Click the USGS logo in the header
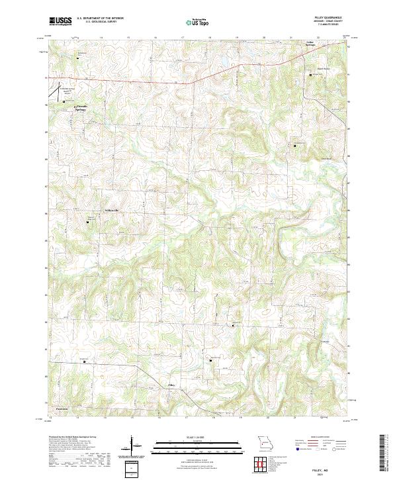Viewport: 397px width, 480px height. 60,21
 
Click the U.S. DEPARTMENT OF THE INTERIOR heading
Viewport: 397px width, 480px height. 100,19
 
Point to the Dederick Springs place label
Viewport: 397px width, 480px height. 80,107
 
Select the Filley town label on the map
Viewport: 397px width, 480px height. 171,385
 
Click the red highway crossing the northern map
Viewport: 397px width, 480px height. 132,80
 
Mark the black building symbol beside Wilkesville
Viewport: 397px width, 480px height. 89,221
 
